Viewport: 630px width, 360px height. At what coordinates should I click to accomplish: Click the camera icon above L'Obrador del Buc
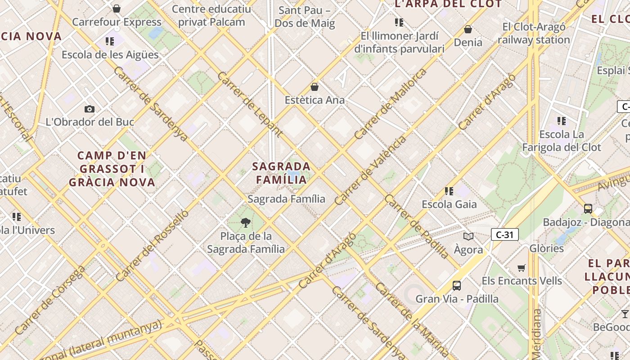coord(90,109)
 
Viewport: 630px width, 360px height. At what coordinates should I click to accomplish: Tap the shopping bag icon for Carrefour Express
coord(117,9)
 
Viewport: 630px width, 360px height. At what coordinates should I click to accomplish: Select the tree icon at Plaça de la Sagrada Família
coord(246,222)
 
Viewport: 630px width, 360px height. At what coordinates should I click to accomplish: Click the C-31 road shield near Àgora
coord(504,234)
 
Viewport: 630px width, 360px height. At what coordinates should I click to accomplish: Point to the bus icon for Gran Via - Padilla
coord(457,285)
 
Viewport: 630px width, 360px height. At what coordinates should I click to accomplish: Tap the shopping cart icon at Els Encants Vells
coord(522,268)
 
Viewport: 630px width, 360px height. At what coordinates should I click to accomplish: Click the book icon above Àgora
coord(468,236)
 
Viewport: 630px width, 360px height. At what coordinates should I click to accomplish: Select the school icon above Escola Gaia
coord(449,191)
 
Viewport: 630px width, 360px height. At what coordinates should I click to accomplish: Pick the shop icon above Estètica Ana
coord(315,87)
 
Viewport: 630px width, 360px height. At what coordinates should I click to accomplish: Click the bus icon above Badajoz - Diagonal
coord(588,208)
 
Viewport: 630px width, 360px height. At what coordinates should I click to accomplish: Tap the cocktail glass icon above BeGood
coord(625,314)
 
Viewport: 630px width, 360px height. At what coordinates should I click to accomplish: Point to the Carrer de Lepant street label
coord(250,104)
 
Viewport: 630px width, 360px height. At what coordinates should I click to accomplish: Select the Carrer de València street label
coord(370,171)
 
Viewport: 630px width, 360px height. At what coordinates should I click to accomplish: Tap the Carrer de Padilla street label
coord(416,227)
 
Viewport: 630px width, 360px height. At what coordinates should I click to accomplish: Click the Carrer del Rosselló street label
coord(152,246)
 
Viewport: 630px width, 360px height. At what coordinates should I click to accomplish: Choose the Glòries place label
coord(546,248)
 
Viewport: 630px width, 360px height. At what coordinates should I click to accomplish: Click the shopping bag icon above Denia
coord(468,29)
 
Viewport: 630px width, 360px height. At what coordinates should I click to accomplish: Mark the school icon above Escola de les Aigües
coord(110,41)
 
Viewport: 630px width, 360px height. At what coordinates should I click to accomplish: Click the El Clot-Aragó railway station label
coord(534,33)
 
